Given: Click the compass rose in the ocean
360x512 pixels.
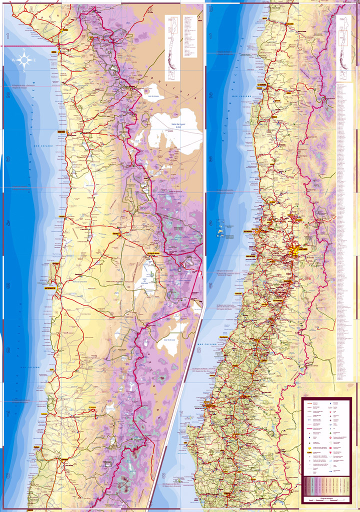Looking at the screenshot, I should (x=24, y=60).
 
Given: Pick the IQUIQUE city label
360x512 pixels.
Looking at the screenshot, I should (x=62, y=132).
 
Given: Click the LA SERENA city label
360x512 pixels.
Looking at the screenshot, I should (x=261, y=85).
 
